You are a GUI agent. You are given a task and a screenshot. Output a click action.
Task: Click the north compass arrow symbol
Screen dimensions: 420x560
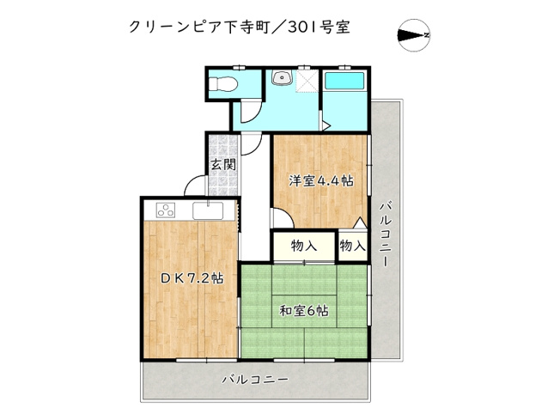(415, 35)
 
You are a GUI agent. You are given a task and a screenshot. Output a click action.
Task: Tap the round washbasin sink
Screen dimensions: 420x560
(280, 77)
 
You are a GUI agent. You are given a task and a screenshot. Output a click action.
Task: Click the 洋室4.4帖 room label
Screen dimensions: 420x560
(320, 180)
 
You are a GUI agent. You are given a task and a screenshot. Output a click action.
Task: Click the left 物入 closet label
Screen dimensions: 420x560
(304, 246)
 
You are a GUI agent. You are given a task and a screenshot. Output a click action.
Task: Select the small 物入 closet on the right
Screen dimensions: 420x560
(352, 246)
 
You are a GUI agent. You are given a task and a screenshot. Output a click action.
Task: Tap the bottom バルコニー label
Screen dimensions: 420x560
(254, 378)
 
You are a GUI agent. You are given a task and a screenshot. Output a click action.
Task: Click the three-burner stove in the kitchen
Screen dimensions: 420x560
(166, 210)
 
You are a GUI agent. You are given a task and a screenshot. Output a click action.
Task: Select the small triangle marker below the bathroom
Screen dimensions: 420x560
(326, 127)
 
